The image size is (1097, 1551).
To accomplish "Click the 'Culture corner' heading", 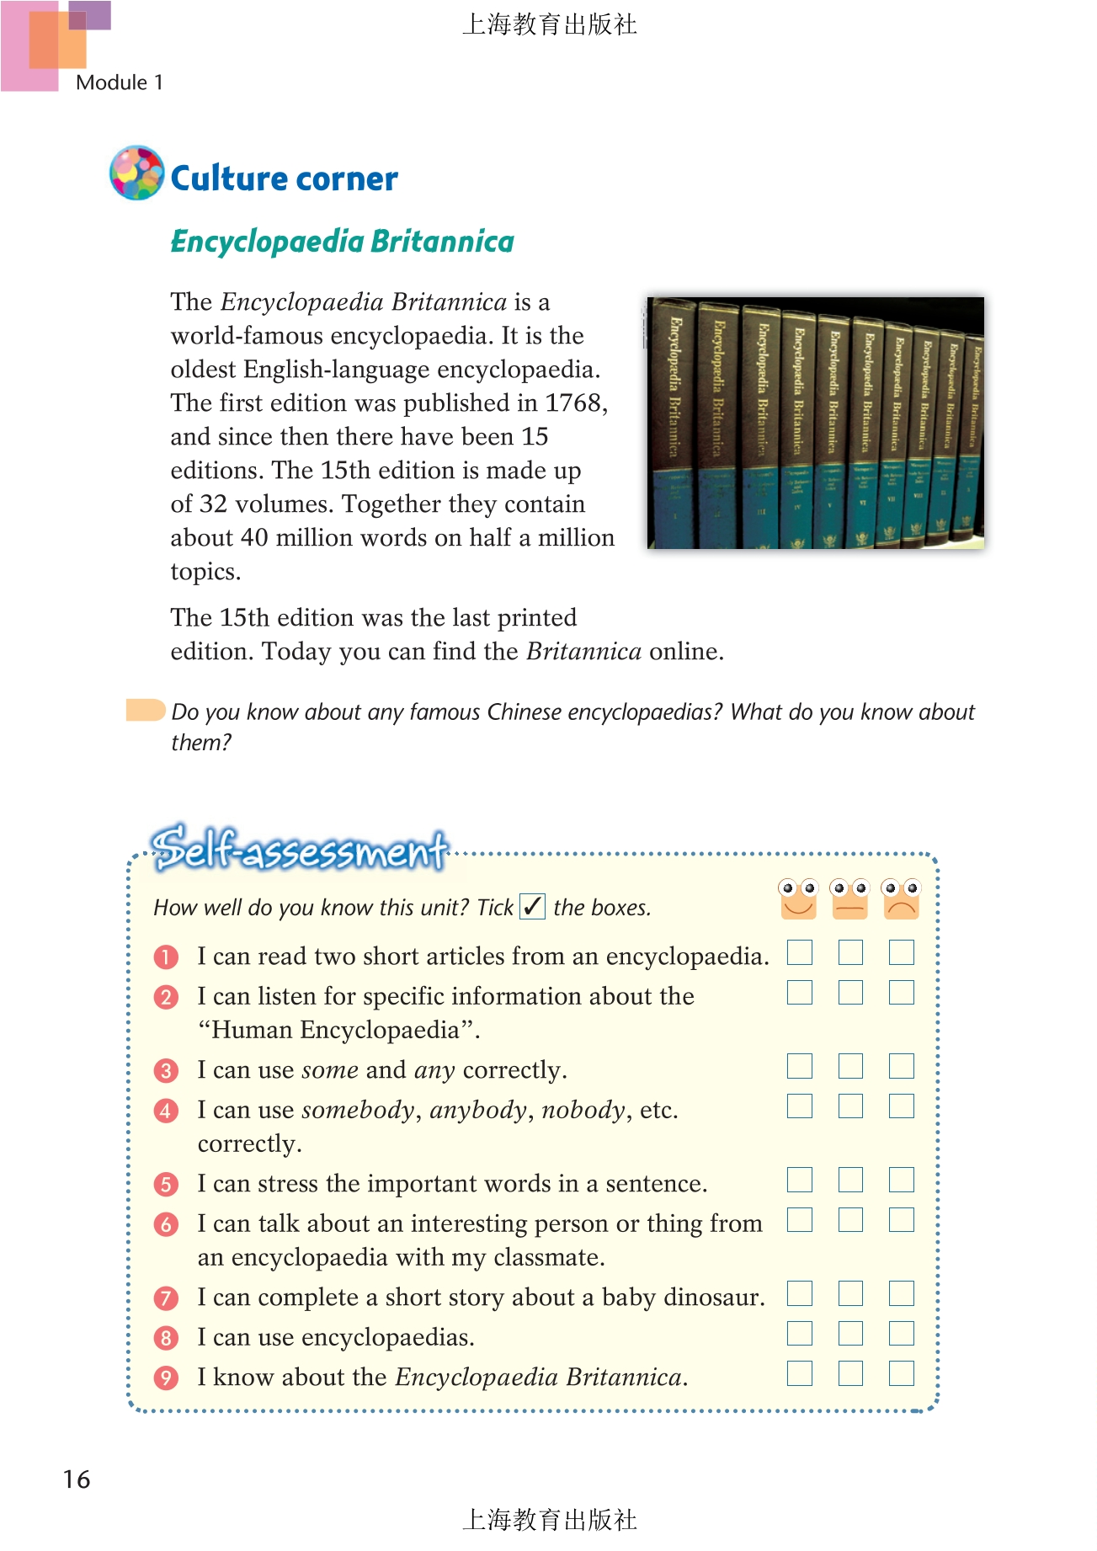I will [x=284, y=179].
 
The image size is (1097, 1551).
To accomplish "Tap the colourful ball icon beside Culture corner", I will [x=136, y=173].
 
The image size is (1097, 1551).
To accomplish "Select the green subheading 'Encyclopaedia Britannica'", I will [x=342, y=242].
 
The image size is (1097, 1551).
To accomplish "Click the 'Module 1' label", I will [x=119, y=83].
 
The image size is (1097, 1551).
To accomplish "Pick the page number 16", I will [x=77, y=1479].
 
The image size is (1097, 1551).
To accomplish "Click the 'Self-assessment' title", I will [x=299, y=849].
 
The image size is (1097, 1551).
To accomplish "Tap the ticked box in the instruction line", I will [x=532, y=907].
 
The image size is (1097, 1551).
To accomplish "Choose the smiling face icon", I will [x=798, y=898].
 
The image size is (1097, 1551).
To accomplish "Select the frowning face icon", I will [x=901, y=898].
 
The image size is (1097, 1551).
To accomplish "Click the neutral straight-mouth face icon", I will [x=849, y=898].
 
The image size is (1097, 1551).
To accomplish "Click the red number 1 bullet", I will [x=166, y=957].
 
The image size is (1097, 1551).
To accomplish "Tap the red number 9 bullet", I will [x=166, y=1378].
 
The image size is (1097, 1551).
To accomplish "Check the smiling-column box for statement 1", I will [x=800, y=953].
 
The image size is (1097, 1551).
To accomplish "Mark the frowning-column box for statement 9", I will [x=902, y=1373].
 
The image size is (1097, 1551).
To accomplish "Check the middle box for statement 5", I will [x=850, y=1180].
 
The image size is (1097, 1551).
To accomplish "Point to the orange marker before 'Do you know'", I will [x=145, y=710].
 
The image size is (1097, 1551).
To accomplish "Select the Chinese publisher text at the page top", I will [x=549, y=24].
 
